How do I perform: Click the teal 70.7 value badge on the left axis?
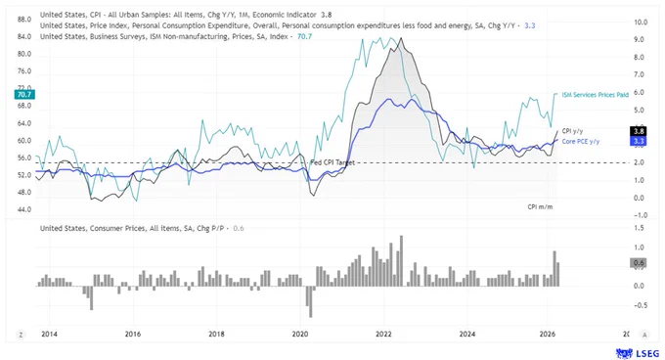(24, 95)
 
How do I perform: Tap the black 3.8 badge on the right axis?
(639, 131)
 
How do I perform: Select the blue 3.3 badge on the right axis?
(639, 141)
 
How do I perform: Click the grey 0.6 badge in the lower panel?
(639, 263)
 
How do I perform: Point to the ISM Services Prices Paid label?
(595, 95)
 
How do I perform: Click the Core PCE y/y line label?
(581, 142)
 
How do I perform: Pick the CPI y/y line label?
(572, 131)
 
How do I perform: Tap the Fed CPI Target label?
(332, 162)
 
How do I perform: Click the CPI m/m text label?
(540, 207)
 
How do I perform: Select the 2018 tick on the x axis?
(216, 335)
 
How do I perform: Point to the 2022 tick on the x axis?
(383, 335)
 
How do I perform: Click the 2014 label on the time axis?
(49, 335)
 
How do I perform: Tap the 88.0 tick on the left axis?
(24, 20)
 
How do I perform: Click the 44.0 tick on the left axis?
(24, 210)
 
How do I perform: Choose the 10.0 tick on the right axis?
(641, 22)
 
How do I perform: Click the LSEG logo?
(638, 353)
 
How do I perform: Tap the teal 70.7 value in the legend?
(304, 37)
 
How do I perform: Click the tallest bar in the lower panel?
(401, 261)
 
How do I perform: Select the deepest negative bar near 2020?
(311, 302)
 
